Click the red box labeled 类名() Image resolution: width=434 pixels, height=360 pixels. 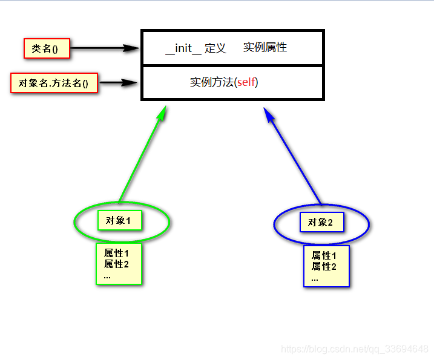[47, 48]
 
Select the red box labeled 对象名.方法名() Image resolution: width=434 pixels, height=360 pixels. [54, 83]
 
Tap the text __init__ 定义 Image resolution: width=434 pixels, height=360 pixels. [196, 48]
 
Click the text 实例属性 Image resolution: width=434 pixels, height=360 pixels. [265, 47]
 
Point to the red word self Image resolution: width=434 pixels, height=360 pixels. [246, 82]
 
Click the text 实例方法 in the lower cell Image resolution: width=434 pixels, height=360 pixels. [211, 82]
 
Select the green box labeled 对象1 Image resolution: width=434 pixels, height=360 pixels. [119, 221]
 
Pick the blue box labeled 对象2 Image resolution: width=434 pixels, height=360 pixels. [321, 222]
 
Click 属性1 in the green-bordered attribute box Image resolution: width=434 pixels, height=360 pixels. [116, 254]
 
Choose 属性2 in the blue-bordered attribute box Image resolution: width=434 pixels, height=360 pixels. [324, 267]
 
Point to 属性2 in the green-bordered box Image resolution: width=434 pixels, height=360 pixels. [116, 264]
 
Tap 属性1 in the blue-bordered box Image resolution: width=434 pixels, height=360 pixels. [324, 256]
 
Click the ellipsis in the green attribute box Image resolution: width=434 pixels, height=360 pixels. [107, 275]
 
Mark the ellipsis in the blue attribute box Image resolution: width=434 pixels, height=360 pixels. [315, 278]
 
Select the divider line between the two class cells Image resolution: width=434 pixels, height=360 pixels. [232, 65]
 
